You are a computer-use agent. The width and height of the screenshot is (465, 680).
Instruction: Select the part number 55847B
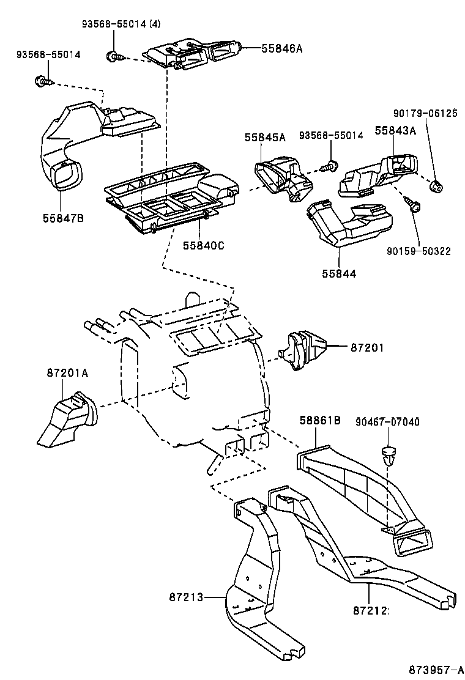[63, 217]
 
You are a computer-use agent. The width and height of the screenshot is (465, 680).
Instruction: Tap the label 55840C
[204, 246]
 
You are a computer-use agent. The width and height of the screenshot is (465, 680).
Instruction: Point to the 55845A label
[266, 137]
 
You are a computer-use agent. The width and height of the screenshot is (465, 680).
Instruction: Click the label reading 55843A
[395, 130]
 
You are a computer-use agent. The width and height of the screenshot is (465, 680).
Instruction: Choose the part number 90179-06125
[425, 113]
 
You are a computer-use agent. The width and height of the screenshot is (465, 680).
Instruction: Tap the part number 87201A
[67, 372]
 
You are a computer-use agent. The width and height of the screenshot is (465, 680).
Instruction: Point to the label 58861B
[319, 420]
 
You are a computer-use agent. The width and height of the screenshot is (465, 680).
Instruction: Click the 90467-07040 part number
[388, 422]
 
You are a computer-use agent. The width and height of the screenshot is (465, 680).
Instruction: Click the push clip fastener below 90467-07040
[388, 455]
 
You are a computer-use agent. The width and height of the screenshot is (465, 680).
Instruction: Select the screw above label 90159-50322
[414, 206]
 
